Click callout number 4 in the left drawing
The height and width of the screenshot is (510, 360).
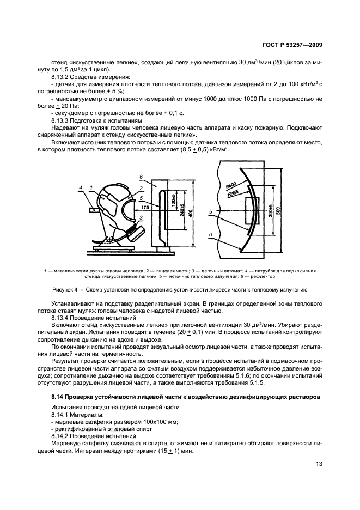coord(80,188)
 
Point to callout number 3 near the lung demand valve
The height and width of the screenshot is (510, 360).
coord(141,217)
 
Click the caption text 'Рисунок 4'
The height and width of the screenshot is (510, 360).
coord(66,290)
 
